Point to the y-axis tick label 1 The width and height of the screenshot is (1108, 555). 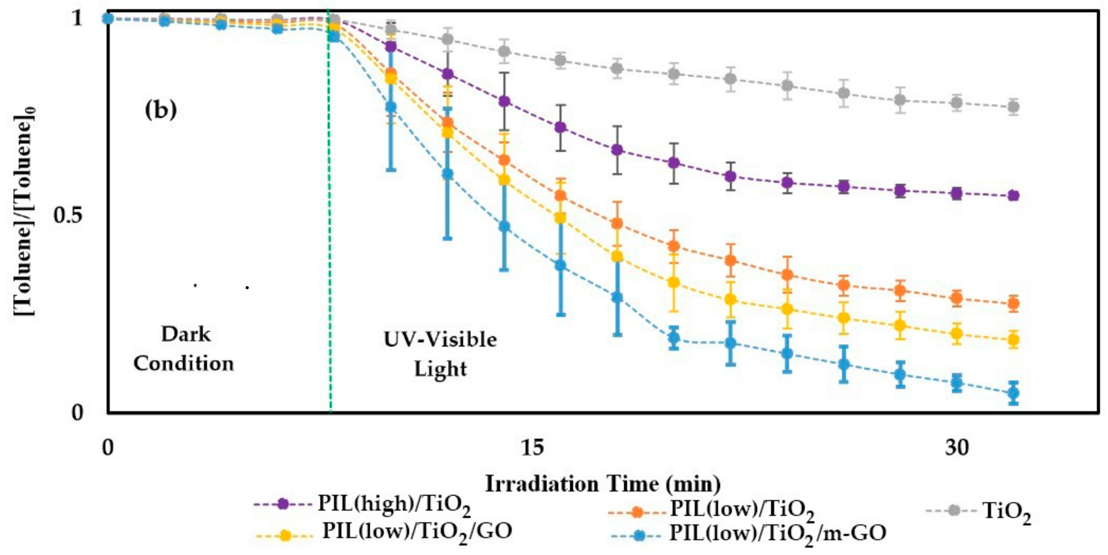[x=77, y=18]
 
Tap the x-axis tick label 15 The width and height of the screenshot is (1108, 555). [x=533, y=448]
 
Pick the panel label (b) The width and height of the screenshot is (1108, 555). [x=161, y=110]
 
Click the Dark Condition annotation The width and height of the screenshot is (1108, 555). [x=184, y=349]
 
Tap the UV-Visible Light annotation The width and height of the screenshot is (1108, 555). [x=440, y=354]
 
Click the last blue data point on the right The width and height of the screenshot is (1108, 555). [x=1013, y=393]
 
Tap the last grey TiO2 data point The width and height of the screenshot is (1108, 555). [x=1013, y=107]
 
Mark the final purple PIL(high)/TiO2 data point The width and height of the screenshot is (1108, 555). [x=1013, y=195]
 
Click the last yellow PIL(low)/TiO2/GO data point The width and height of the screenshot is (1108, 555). [x=1013, y=340]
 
